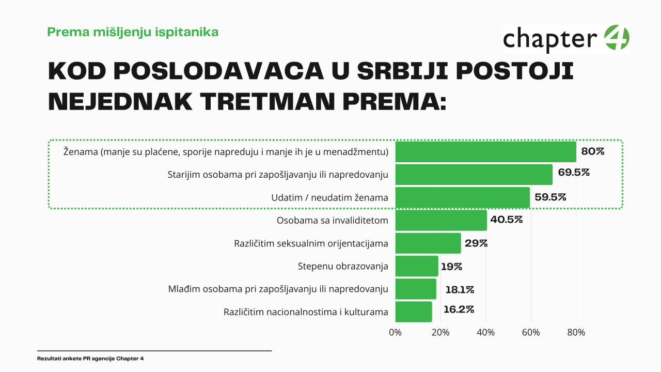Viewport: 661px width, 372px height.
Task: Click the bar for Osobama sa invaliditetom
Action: [x=441, y=220]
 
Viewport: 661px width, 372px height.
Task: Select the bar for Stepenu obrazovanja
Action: [x=417, y=266]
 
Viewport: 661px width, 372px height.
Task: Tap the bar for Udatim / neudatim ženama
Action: [x=463, y=197]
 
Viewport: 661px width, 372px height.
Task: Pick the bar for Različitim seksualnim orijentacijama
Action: [x=428, y=243]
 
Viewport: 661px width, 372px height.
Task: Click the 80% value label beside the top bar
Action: [x=592, y=151]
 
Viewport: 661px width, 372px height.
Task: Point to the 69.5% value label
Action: [x=574, y=173]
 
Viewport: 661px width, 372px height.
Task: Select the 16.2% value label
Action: [x=459, y=310]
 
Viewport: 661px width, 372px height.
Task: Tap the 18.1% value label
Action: [x=459, y=289]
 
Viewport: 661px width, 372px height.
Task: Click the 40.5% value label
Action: [x=507, y=220]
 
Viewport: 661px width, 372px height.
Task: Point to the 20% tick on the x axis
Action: [x=440, y=333]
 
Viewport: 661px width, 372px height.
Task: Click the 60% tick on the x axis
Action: [x=531, y=333]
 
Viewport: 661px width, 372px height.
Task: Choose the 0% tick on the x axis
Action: [x=395, y=333]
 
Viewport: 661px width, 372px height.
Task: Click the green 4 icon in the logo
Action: [x=616, y=38]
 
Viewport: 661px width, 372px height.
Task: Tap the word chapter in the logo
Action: [x=550, y=39]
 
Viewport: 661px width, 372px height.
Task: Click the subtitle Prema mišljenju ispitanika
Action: [x=133, y=32]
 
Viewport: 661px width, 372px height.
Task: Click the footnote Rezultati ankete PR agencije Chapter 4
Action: [x=90, y=359]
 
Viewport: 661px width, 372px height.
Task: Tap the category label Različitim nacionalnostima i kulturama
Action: [x=306, y=312]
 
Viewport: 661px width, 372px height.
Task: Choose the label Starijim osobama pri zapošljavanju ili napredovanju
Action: [x=278, y=175]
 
